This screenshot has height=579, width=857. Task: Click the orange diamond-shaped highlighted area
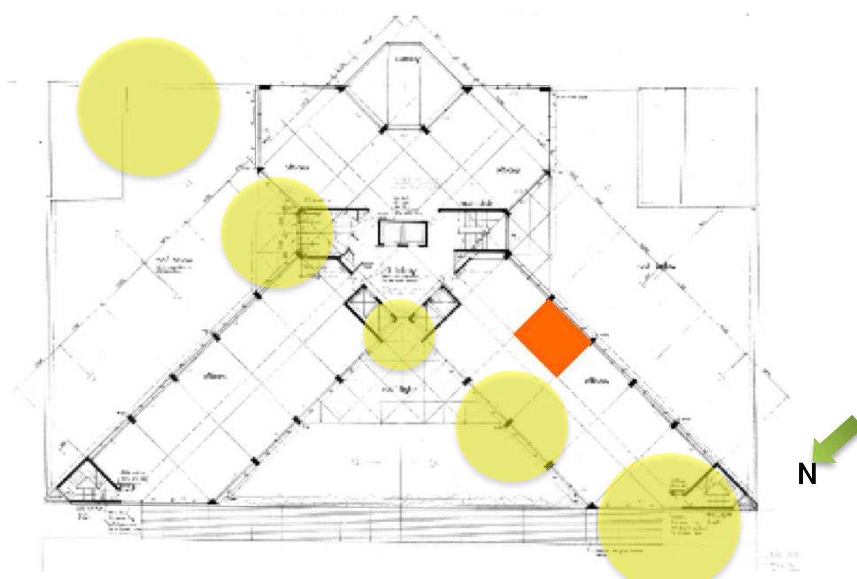[x=553, y=338]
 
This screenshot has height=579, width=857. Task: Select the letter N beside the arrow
[x=807, y=475]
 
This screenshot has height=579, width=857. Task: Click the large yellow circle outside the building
[x=148, y=107]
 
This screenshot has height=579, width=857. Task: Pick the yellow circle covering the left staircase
[x=276, y=233]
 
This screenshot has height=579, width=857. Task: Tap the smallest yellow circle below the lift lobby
[x=399, y=335]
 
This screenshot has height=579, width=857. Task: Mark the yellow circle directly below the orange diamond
[x=511, y=427]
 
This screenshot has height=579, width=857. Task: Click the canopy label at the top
[x=407, y=59]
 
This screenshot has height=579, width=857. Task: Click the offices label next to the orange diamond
[x=596, y=381]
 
